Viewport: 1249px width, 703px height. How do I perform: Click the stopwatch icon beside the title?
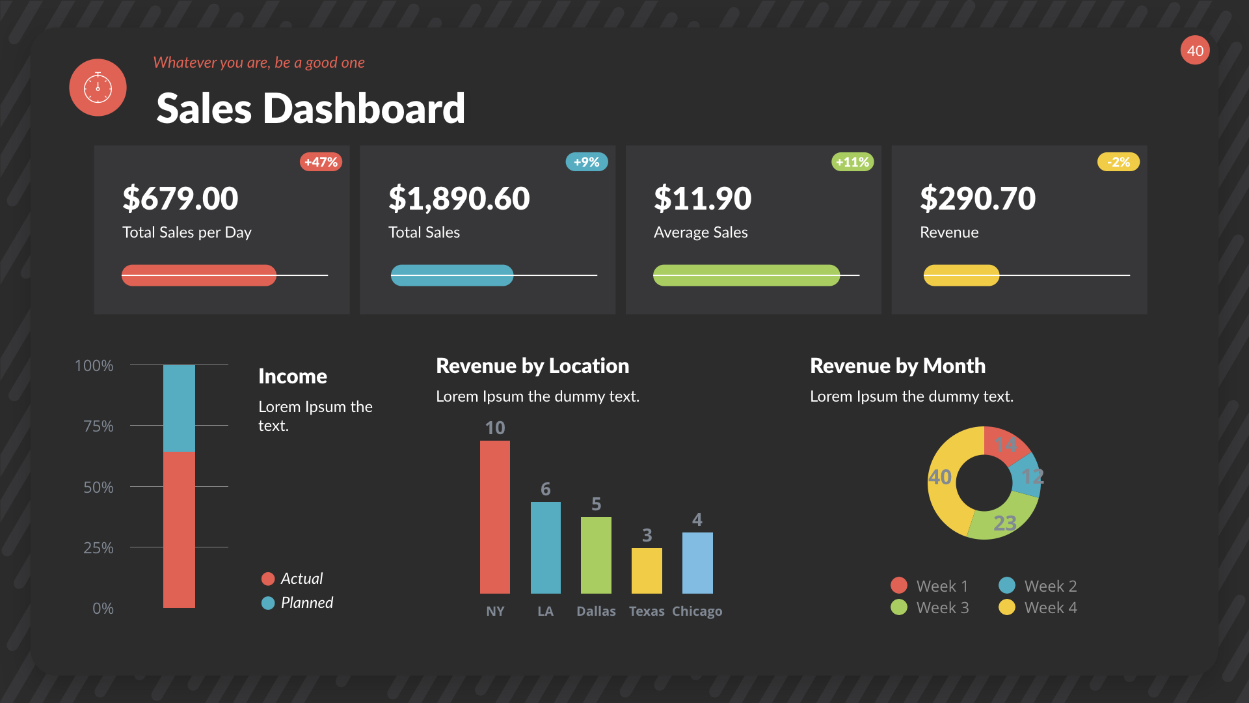pos(98,87)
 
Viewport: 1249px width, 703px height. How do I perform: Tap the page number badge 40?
pos(1195,51)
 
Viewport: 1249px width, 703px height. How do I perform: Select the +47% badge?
pos(321,162)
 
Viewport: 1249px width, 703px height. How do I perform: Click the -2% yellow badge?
pos(1118,162)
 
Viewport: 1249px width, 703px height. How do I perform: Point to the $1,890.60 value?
pos(459,199)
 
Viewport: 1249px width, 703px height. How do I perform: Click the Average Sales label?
pos(701,232)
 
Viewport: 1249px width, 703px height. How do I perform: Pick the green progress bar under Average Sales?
pos(746,275)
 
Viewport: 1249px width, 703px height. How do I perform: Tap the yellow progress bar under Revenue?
pos(961,275)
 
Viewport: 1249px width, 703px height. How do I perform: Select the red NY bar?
pos(495,517)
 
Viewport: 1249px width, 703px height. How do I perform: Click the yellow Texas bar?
pos(647,571)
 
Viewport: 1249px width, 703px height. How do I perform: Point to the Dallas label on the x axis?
pos(596,611)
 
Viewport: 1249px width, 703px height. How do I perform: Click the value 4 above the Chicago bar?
pos(697,519)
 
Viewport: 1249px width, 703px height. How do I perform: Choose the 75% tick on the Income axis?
pos(98,426)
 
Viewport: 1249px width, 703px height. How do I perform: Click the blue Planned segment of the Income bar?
pos(179,408)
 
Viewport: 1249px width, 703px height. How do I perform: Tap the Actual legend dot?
pos(268,579)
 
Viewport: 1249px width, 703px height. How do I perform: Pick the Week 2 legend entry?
pos(1038,586)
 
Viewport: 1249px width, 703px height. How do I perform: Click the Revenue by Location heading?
pos(532,366)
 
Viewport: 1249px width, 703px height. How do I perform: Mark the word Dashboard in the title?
pos(364,108)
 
